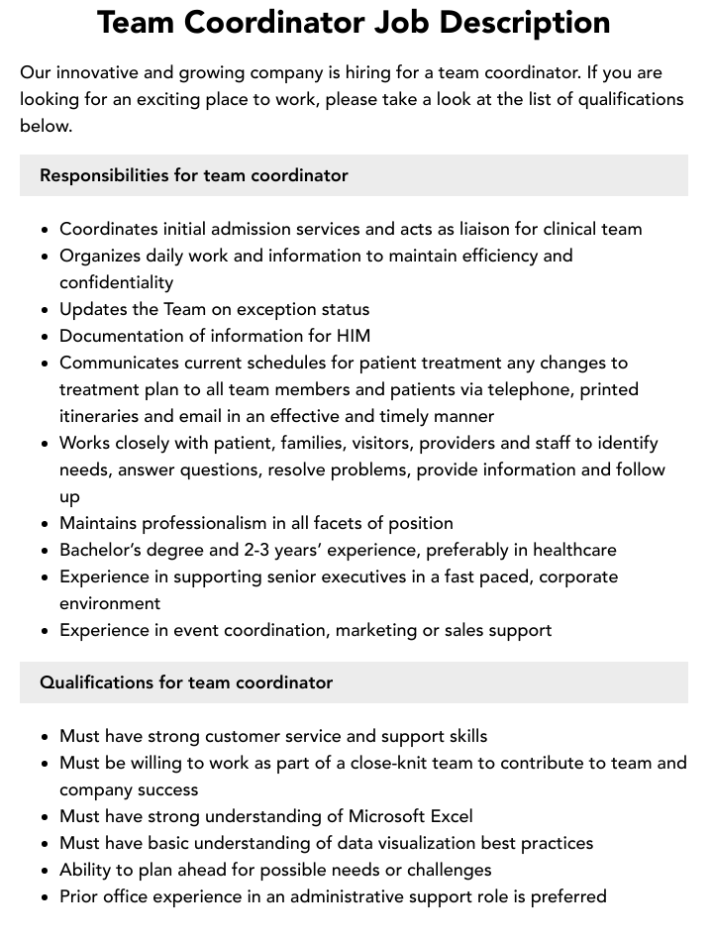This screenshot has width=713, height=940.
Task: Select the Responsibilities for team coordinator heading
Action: (x=194, y=175)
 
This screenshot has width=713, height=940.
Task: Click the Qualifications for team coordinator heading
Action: (x=186, y=682)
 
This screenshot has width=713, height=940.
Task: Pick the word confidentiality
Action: (x=116, y=282)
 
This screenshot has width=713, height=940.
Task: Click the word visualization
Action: (x=441, y=843)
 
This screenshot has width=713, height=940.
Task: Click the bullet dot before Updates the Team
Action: (x=46, y=310)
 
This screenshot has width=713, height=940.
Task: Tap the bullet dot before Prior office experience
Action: (x=46, y=897)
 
